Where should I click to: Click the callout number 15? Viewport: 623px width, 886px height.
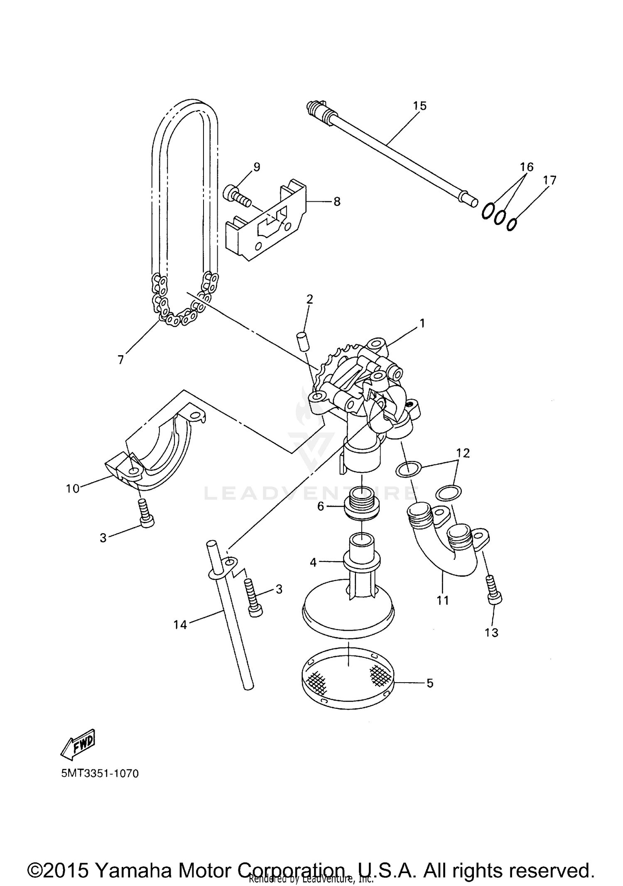pyautogui.click(x=419, y=106)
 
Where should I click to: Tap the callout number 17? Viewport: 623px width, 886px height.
pyautogui.click(x=549, y=180)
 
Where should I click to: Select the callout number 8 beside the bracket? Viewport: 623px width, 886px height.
pyautogui.click(x=336, y=202)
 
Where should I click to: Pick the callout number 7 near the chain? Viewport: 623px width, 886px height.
pyautogui.click(x=121, y=360)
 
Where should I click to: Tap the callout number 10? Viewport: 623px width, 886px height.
pyautogui.click(x=72, y=488)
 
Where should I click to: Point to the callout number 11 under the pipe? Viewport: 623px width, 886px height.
pyautogui.click(x=443, y=600)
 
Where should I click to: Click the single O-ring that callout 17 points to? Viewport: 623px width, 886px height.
pyautogui.click(x=512, y=224)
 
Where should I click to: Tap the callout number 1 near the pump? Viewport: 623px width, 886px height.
pyautogui.click(x=422, y=323)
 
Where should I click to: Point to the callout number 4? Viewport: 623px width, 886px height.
pyautogui.click(x=313, y=563)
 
